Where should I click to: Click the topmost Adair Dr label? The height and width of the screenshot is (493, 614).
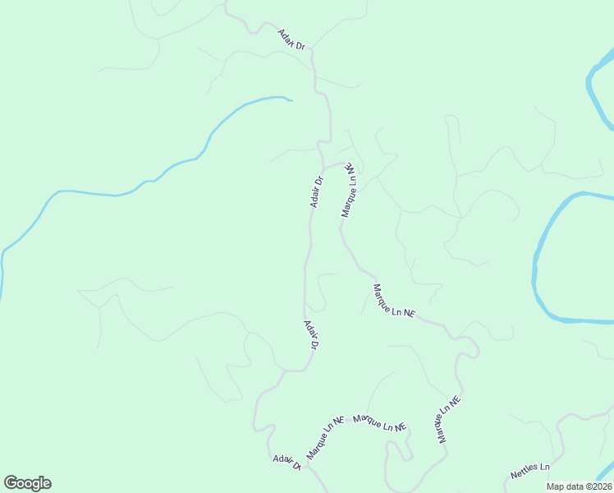291,39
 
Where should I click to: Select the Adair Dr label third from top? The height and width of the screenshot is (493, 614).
310,335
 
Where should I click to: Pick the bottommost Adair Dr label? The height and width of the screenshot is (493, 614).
287,462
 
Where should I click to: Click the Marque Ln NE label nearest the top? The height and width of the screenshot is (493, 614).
350,189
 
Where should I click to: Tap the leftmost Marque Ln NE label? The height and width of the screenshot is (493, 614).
324,437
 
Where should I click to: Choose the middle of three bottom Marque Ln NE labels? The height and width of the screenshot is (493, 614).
380,424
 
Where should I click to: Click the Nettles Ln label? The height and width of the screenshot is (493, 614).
529,471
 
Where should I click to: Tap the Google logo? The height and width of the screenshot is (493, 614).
27,483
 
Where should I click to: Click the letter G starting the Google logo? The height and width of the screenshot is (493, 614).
11,483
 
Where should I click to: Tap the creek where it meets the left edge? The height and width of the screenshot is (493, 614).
2,271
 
